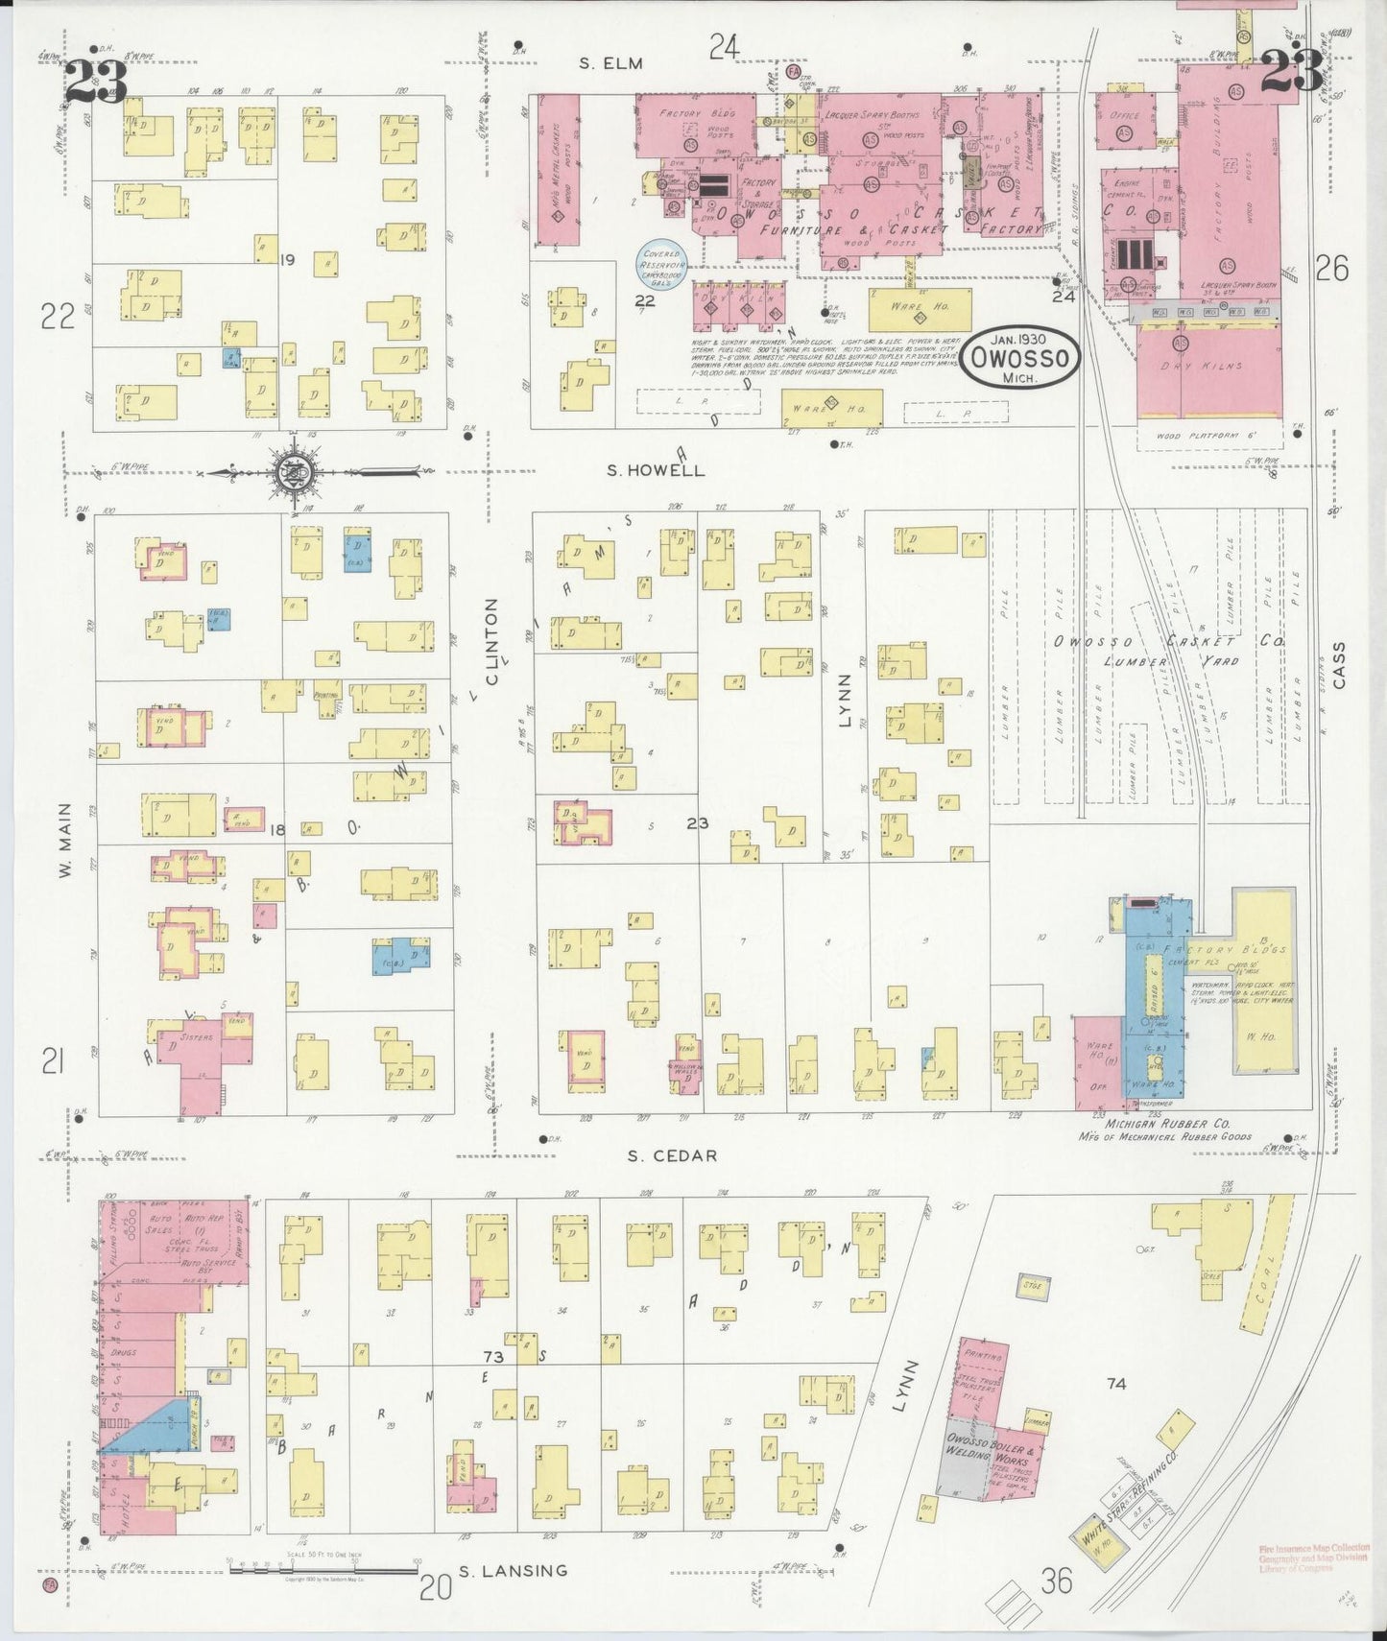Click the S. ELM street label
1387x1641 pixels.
tap(610, 63)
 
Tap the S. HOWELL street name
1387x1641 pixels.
tap(656, 470)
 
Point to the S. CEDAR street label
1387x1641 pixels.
tap(672, 1155)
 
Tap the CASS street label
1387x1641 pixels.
tap(1339, 665)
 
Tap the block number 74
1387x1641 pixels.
tap(1115, 1384)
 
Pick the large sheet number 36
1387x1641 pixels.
tap(1056, 1581)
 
